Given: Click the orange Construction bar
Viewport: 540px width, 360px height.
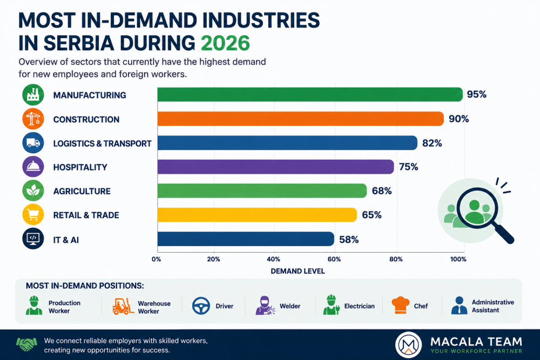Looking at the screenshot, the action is click(x=300, y=119).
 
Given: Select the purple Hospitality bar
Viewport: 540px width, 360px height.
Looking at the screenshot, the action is click(x=275, y=167).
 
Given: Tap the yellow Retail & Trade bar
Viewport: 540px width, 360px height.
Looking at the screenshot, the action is click(x=257, y=215).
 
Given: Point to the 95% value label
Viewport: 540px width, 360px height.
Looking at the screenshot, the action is click(x=477, y=94).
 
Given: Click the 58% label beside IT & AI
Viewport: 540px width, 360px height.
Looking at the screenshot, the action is click(x=349, y=240).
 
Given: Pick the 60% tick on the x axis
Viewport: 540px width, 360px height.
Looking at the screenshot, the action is click(x=334, y=259).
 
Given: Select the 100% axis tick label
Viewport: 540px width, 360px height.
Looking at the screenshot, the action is click(x=458, y=259).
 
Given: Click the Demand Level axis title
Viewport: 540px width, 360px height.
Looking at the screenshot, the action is click(x=298, y=271).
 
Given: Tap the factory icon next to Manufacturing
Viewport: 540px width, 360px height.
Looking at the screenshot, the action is click(x=33, y=94).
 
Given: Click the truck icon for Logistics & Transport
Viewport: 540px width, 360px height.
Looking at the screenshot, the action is click(x=33, y=142).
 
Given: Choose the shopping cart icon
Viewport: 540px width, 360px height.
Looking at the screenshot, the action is click(x=33, y=214).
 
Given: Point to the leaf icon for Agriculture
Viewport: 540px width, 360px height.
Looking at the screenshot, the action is click(x=33, y=191).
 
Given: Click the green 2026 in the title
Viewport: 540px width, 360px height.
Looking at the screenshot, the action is click(x=225, y=43).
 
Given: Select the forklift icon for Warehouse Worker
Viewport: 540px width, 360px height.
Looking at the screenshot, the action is click(x=123, y=307).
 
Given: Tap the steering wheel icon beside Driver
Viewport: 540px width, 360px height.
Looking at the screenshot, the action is click(x=201, y=305).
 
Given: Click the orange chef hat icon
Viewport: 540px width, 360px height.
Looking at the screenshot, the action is click(x=401, y=305).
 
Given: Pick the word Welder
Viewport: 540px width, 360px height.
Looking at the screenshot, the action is click(x=290, y=306).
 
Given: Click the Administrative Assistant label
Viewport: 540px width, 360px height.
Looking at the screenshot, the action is click(x=493, y=306).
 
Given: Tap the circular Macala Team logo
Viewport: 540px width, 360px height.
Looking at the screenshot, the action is click(x=409, y=345).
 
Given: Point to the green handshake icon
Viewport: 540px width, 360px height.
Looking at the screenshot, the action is click(x=26, y=344).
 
